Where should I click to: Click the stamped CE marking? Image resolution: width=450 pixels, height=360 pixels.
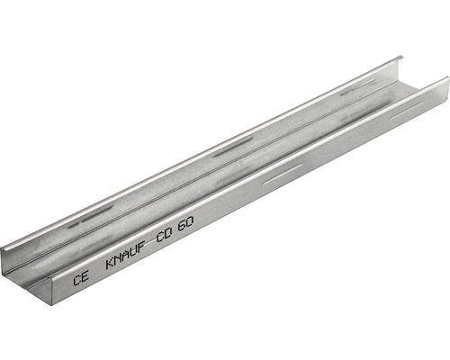coord(81,278)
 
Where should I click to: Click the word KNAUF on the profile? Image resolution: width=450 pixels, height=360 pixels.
coord(126,256)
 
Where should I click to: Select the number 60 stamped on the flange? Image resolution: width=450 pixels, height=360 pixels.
coord(185,222)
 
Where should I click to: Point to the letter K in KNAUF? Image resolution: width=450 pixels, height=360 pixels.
coord(111,264)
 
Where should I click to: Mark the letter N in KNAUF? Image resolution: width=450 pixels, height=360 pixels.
coord(119,259)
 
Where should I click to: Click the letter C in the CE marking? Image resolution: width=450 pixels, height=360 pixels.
coord(76,281)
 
